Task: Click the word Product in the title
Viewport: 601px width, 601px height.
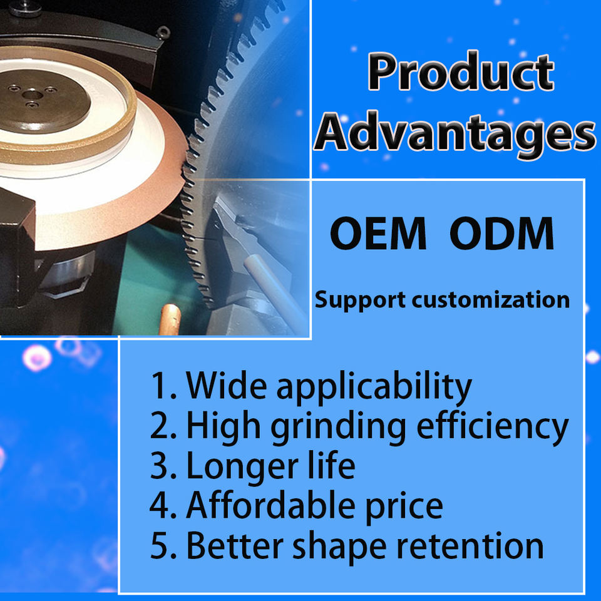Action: click(x=461, y=71)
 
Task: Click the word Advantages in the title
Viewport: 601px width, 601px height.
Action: click(x=455, y=135)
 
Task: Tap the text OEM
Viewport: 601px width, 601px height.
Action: click(x=378, y=234)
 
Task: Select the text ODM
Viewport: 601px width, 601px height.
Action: click(x=501, y=234)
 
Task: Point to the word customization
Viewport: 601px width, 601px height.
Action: click(x=491, y=299)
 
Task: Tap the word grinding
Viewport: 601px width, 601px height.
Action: click(x=339, y=428)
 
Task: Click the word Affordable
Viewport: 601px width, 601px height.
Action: click(x=271, y=505)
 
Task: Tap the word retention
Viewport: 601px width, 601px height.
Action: click(x=470, y=546)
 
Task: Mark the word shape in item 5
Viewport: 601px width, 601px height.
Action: click(x=339, y=548)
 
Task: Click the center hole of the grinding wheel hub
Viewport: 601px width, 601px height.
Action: click(x=32, y=95)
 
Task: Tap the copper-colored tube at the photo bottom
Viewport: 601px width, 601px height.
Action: click(x=170, y=319)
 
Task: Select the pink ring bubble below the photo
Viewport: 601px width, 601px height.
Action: click(x=37, y=357)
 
